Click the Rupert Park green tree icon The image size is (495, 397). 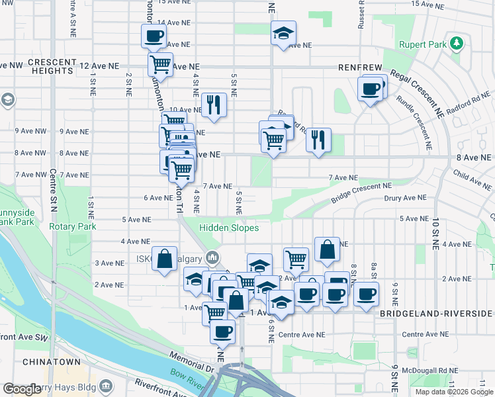pyautogui.click(x=456, y=44)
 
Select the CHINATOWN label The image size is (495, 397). pyautogui.click(x=52, y=362)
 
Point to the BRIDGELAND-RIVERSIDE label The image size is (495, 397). pyautogui.click(x=436, y=313)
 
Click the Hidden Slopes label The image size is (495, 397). pyautogui.click(x=230, y=228)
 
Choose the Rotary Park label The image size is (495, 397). pyautogui.click(x=73, y=226)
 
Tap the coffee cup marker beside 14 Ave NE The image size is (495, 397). pyautogui.click(x=154, y=36)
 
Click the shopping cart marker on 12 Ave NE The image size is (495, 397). pyautogui.click(x=160, y=65)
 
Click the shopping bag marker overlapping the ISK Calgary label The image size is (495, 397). pyautogui.click(x=165, y=260)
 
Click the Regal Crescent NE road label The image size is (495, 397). pyautogui.click(x=416, y=90)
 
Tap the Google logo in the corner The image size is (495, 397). pyautogui.click(x=22, y=390)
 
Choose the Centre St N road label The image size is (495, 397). pyautogui.click(x=54, y=198)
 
